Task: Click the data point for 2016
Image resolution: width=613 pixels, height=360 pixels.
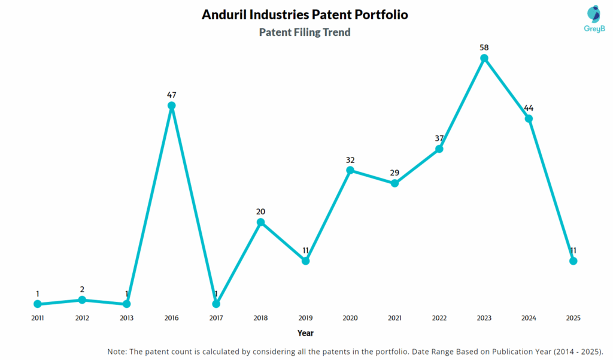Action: (x=171, y=106)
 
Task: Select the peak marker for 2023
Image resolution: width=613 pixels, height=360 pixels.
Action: (x=484, y=58)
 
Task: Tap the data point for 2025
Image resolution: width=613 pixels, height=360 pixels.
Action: (x=573, y=261)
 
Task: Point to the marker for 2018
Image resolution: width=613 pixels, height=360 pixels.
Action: (x=260, y=222)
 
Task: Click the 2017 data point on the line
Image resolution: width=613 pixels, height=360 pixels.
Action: (x=216, y=304)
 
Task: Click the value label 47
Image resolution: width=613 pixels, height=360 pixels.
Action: (x=171, y=95)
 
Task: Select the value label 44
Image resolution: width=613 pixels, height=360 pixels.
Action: (x=529, y=108)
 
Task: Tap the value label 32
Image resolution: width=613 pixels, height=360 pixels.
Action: (x=350, y=160)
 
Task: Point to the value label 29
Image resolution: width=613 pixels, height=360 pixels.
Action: (x=394, y=173)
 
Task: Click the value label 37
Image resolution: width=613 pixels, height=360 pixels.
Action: (x=439, y=138)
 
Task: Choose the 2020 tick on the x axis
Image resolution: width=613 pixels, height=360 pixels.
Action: (x=350, y=318)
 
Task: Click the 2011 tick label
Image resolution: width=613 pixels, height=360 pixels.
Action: (x=37, y=318)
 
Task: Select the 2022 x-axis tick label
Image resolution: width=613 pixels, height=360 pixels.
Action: (x=439, y=318)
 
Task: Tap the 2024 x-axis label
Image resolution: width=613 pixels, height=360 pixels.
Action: (x=529, y=318)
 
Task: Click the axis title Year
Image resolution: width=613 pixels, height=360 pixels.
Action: (x=305, y=333)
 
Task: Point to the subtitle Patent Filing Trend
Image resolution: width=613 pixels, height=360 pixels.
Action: (x=305, y=32)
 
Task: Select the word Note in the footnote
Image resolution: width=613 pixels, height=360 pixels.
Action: (x=117, y=351)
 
